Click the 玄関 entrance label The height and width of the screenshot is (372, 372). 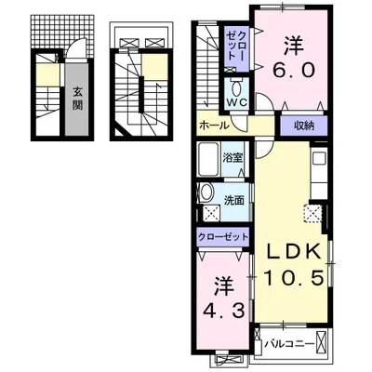(x=77, y=99)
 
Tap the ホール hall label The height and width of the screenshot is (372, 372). (x=214, y=126)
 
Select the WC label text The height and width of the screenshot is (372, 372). (x=236, y=102)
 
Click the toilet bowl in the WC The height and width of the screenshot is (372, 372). (x=237, y=89)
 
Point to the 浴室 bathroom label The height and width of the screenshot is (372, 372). (x=232, y=158)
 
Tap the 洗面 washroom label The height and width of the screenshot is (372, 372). (x=234, y=201)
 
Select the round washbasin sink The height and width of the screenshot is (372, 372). (x=206, y=193)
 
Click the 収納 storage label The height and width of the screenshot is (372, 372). (x=304, y=126)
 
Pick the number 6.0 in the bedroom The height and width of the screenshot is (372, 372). (x=294, y=71)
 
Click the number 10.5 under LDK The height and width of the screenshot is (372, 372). (x=294, y=278)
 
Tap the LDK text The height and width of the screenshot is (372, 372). (x=294, y=252)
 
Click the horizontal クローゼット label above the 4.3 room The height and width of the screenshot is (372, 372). (x=223, y=237)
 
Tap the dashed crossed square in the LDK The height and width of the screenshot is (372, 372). (x=312, y=213)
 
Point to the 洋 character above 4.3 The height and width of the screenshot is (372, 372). (x=223, y=286)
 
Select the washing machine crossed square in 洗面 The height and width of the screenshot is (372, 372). (x=211, y=214)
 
